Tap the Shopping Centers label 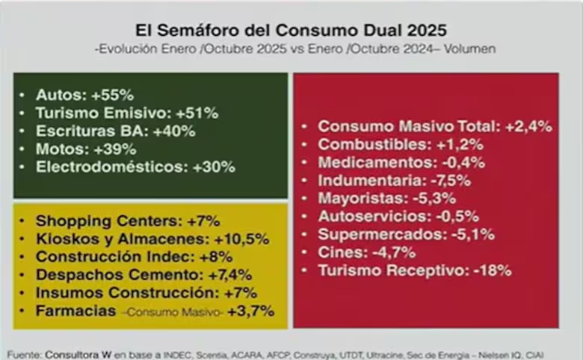coord(98,221)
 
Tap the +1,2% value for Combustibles coord(463,145)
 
